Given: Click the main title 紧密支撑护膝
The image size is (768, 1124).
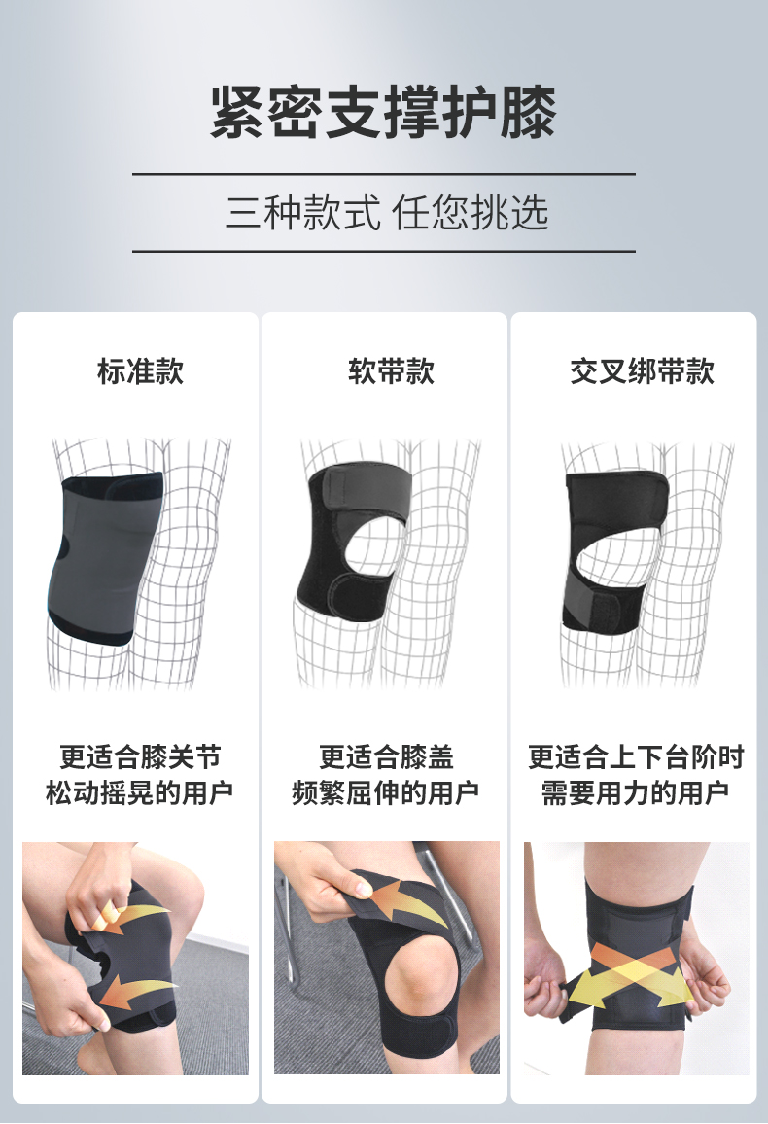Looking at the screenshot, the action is pyautogui.click(x=383, y=112).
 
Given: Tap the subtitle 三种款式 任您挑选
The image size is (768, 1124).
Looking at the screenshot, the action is pyautogui.click(x=387, y=213).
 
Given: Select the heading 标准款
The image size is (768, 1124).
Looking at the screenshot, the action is pyautogui.click(x=140, y=371).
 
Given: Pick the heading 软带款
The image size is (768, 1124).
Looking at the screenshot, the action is pyautogui.click(x=391, y=371).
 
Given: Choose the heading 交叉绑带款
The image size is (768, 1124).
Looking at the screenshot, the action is pyautogui.click(x=642, y=371).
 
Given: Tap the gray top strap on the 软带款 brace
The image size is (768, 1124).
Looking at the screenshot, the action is pyautogui.click(x=362, y=487).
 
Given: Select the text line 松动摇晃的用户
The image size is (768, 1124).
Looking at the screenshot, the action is pyautogui.click(x=140, y=792).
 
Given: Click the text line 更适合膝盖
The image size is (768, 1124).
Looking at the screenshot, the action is pyautogui.click(x=387, y=757).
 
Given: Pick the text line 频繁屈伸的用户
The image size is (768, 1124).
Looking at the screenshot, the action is pyautogui.click(x=386, y=792).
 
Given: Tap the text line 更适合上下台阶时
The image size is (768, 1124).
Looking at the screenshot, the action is pyautogui.click(x=636, y=757).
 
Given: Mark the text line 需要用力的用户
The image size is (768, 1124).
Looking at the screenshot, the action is pyautogui.click(x=636, y=792).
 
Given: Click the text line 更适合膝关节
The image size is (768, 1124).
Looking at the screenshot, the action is pyautogui.click(x=140, y=757).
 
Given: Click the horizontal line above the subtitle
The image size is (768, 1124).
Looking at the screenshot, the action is pyautogui.click(x=384, y=173).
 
